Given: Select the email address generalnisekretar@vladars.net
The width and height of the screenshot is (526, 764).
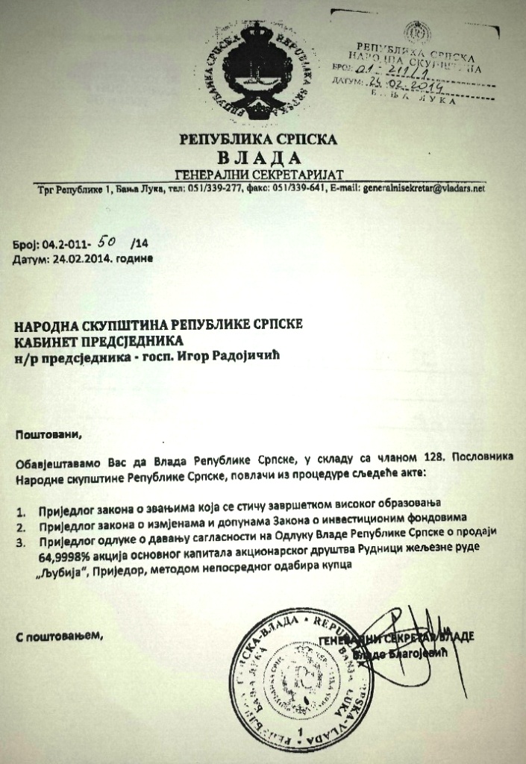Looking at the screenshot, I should [x=423, y=189].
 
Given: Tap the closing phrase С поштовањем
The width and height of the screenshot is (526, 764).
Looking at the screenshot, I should [x=57, y=636].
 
